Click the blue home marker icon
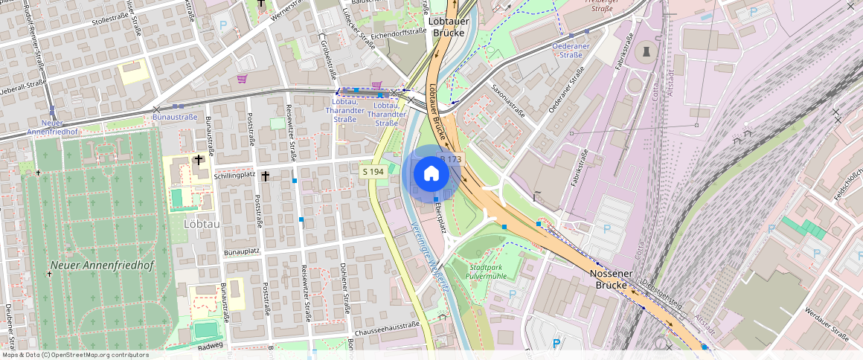431,174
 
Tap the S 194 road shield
373,172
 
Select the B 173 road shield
452,159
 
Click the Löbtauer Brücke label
448,27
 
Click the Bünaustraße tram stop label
174,118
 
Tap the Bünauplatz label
241,251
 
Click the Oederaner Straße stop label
571,49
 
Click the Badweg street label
211,347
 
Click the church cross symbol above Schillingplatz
199,159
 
